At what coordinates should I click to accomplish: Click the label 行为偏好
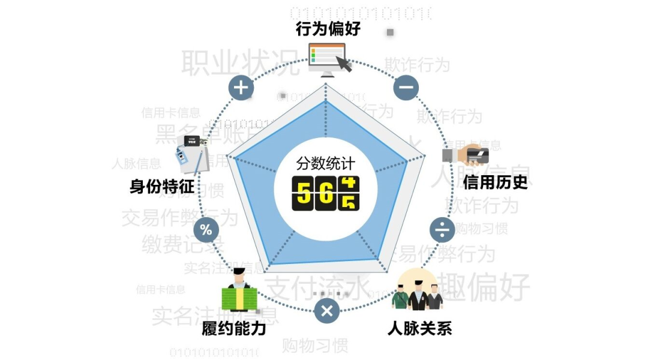tap(328, 29)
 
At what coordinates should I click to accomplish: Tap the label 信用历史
tap(495, 182)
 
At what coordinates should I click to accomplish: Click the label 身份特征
tap(162, 187)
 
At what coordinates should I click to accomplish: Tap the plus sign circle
tap(241, 88)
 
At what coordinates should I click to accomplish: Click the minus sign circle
tap(406, 88)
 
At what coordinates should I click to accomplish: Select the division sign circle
tap(443, 229)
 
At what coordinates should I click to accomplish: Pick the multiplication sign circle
tap(327, 311)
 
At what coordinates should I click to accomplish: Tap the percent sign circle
tap(206, 229)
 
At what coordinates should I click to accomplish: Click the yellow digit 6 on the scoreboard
tap(326, 193)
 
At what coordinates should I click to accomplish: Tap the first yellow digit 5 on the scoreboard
tap(304, 193)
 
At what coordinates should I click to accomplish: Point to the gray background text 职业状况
tap(240, 62)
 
